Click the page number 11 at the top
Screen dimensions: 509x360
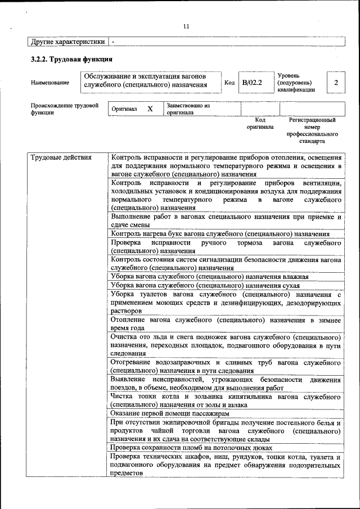click(x=186, y=26)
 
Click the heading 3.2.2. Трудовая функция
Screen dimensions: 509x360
click(x=71, y=58)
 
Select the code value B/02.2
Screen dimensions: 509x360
click(x=252, y=83)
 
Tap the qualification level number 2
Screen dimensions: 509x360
click(x=336, y=83)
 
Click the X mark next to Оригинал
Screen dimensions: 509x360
click(x=150, y=109)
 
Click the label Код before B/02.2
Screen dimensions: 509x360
click(x=229, y=83)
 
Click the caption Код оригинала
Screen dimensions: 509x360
click(x=260, y=123)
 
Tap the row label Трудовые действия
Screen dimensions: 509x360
click(x=61, y=157)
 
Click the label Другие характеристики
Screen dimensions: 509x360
click(x=67, y=42)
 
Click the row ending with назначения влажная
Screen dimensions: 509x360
click(x=210, y=277)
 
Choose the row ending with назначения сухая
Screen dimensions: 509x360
click(x=205, y=285)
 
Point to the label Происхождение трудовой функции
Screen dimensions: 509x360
click(x=65, y=109)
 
